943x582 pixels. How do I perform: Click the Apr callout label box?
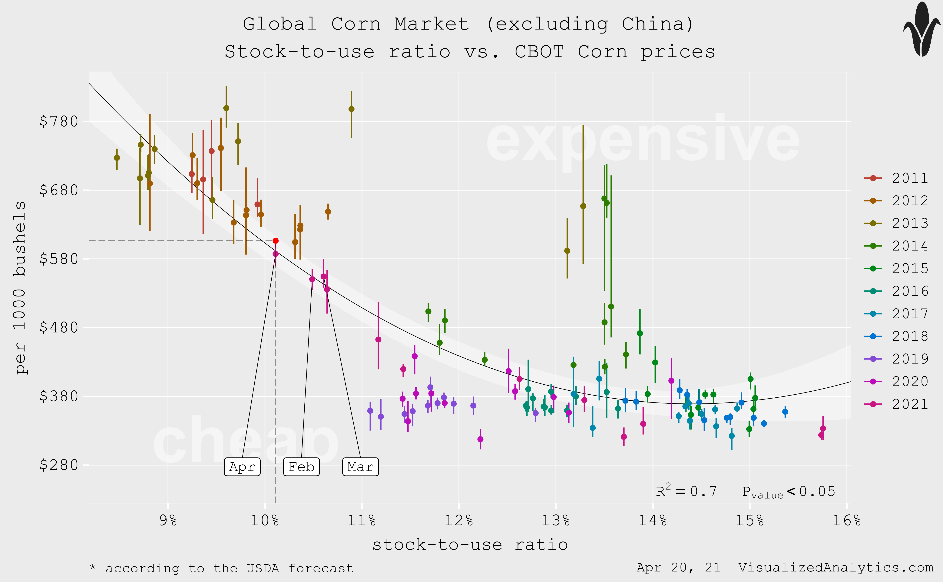(242, 467)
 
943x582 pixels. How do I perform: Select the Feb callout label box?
(301, 467)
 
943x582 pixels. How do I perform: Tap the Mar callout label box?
(360, 467)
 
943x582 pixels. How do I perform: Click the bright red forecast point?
(276, 241)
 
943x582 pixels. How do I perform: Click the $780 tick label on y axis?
(59, 122)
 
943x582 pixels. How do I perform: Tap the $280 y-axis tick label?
(59, 465)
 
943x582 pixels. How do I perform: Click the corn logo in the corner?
(922, 30)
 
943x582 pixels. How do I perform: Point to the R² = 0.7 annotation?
(686, 491)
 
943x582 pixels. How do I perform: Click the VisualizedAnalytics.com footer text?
(835, 568)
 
